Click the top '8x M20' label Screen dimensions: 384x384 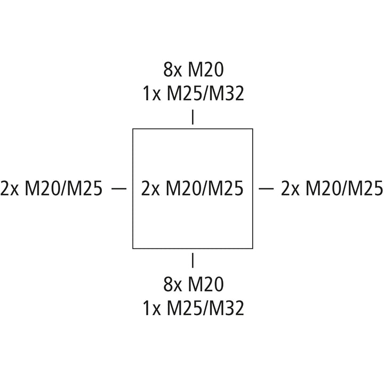click(x=194, y=70)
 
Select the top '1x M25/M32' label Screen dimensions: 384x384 click(x=194, y=93)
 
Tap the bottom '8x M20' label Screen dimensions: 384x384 click(x=194, y=284)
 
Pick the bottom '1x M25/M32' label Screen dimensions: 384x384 click(x=194, y=308)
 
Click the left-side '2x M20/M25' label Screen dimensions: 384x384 click(x=51, y=188)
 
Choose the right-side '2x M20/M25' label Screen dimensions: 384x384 click(x=332, y=188)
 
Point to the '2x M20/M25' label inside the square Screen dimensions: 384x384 click(x=192, y=188)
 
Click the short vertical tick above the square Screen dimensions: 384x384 click(x=193, y=117)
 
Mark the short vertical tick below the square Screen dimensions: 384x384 click(x=193, y=260)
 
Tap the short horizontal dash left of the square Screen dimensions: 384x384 click(x=119, y=188)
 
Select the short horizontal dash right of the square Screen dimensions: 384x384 click(x=266, y=188)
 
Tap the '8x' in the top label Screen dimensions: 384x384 click(x=173, y=70)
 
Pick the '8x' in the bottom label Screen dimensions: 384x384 click(x=173, y=284)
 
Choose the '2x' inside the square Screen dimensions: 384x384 click(x=150, y=188)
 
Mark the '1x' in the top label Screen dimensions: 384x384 click(x=152, y=93)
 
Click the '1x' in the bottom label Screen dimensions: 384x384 click(x=152, y=308)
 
